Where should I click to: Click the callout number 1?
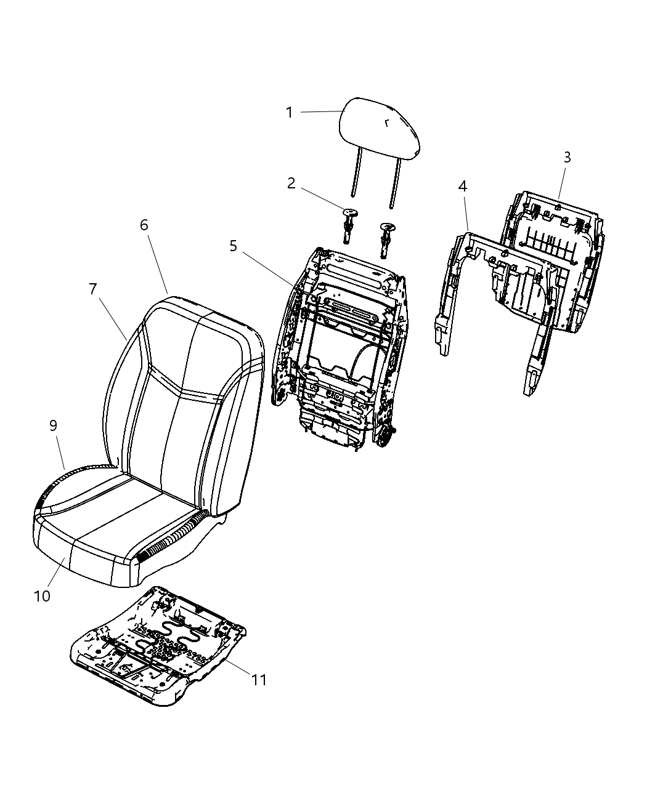click(x=289, y=113)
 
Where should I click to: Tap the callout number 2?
click(x=291, y=183)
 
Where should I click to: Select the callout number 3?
click(x=567, y=158)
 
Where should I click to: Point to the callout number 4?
click(x=462, y=186)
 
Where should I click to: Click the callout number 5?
click(x=233, y=246)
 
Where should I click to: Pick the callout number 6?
click(x=144, y=225)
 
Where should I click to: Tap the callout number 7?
click(x=93, y=289)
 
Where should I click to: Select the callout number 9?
click(x=54, y=425)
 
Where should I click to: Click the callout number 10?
click(x=43, y=596)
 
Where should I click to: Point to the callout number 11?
click(x=259, y=680)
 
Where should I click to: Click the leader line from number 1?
click(x=320, y=112)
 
